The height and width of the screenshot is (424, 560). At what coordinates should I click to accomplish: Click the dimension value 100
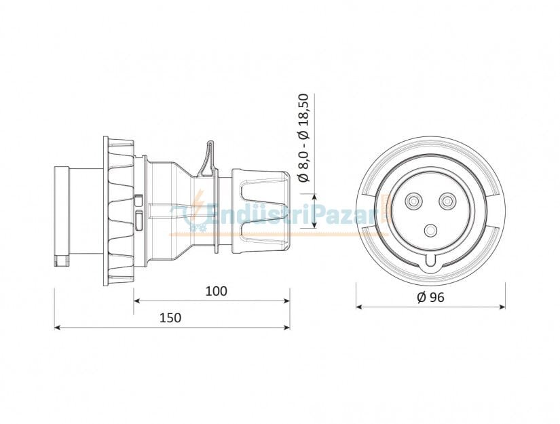(x=216, y=291)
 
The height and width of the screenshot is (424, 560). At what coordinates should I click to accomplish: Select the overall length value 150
(x=170, y=318)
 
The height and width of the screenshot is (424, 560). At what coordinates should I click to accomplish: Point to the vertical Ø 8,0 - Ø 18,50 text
(x=303, y=138)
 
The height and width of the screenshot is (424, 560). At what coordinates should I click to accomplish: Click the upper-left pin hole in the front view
(x=412, y=201)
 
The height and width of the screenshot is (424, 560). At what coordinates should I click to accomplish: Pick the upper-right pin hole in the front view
(x=447, y=201)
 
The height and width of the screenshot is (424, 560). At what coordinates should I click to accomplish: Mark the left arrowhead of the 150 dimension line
(x=58, y=328)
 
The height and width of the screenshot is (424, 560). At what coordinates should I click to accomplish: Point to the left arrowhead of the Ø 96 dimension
(x=360, y=307)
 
